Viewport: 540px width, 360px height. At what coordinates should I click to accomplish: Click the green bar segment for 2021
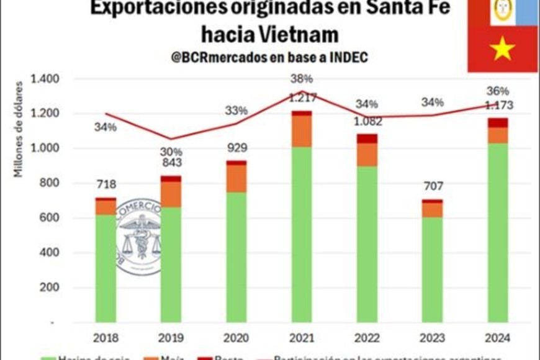302,235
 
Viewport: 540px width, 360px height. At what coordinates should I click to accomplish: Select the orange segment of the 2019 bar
171,194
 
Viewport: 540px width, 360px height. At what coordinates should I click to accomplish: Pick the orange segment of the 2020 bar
236,178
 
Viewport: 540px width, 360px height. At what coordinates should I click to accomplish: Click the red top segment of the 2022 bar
367,138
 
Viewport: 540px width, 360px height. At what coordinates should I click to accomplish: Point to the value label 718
106,184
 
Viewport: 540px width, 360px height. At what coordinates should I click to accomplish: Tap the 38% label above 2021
301,79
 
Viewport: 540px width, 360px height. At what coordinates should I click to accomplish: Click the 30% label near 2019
171,151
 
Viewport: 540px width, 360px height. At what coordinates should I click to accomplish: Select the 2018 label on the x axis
106,338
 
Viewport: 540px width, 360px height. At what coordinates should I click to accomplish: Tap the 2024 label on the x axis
497,338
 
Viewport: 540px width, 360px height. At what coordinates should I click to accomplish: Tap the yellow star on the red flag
502,48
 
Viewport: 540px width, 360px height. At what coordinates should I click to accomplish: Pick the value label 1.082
366,122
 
